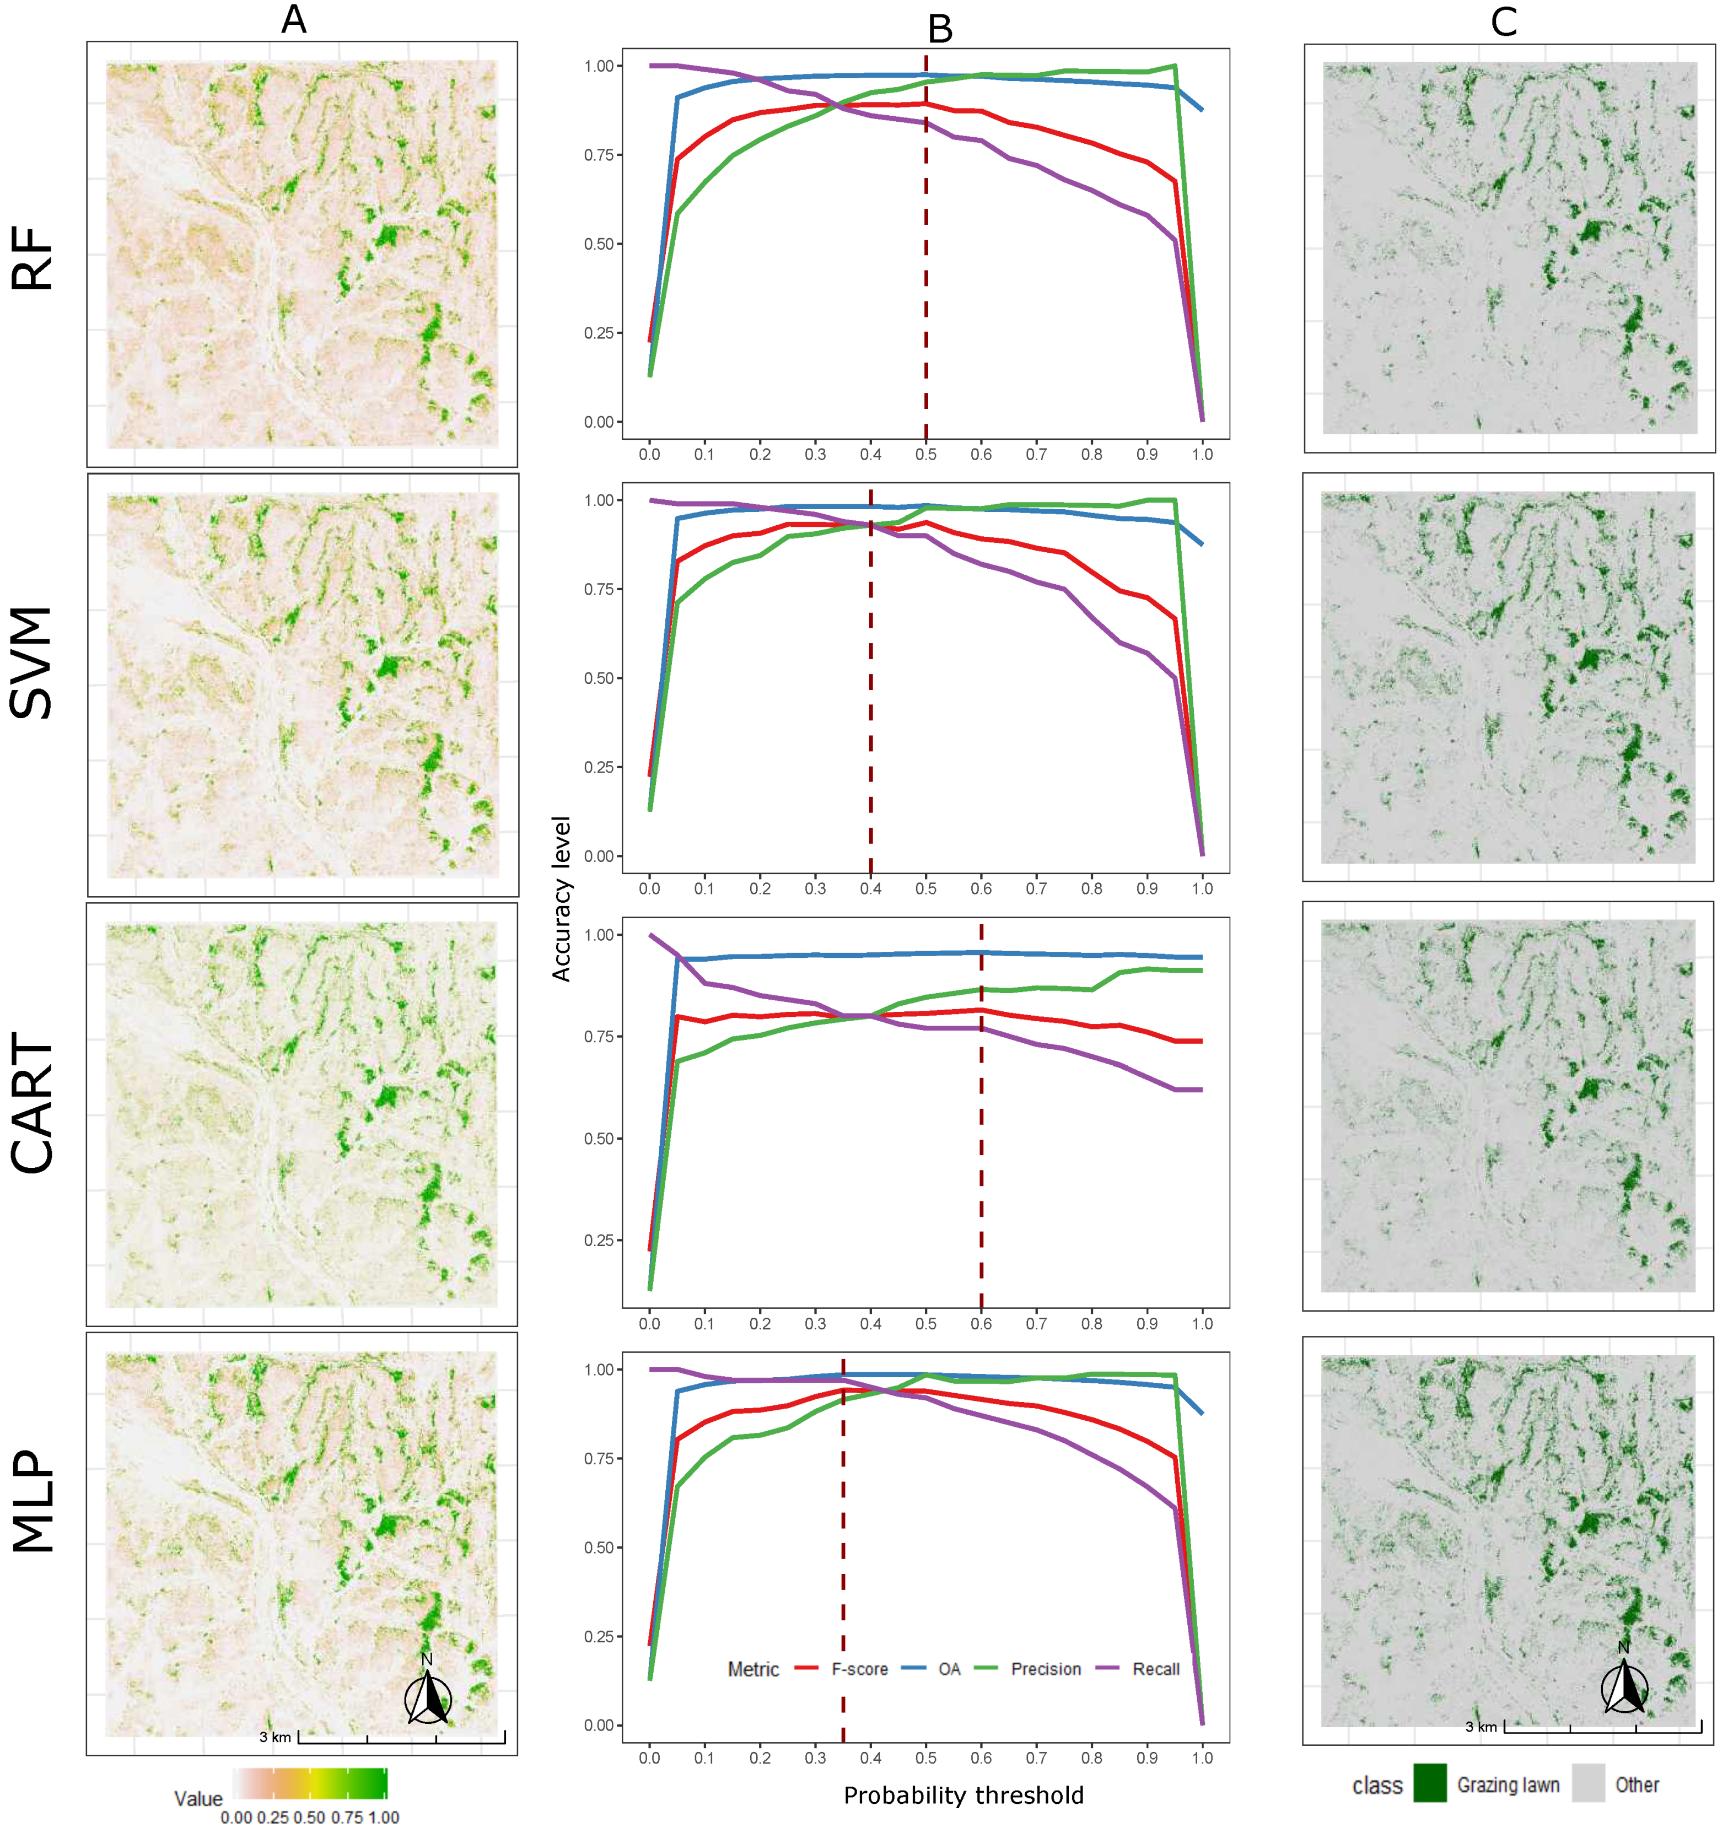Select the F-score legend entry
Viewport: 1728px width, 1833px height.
click(x=858, y=1668)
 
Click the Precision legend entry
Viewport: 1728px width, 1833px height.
click(x=1045, y=1668)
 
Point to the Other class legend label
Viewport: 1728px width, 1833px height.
click(x=1636, y=1784)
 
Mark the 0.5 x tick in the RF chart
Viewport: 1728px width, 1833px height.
click(x=926, y=454)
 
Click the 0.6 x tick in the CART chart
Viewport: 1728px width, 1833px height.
click(x=981, y=1323)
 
